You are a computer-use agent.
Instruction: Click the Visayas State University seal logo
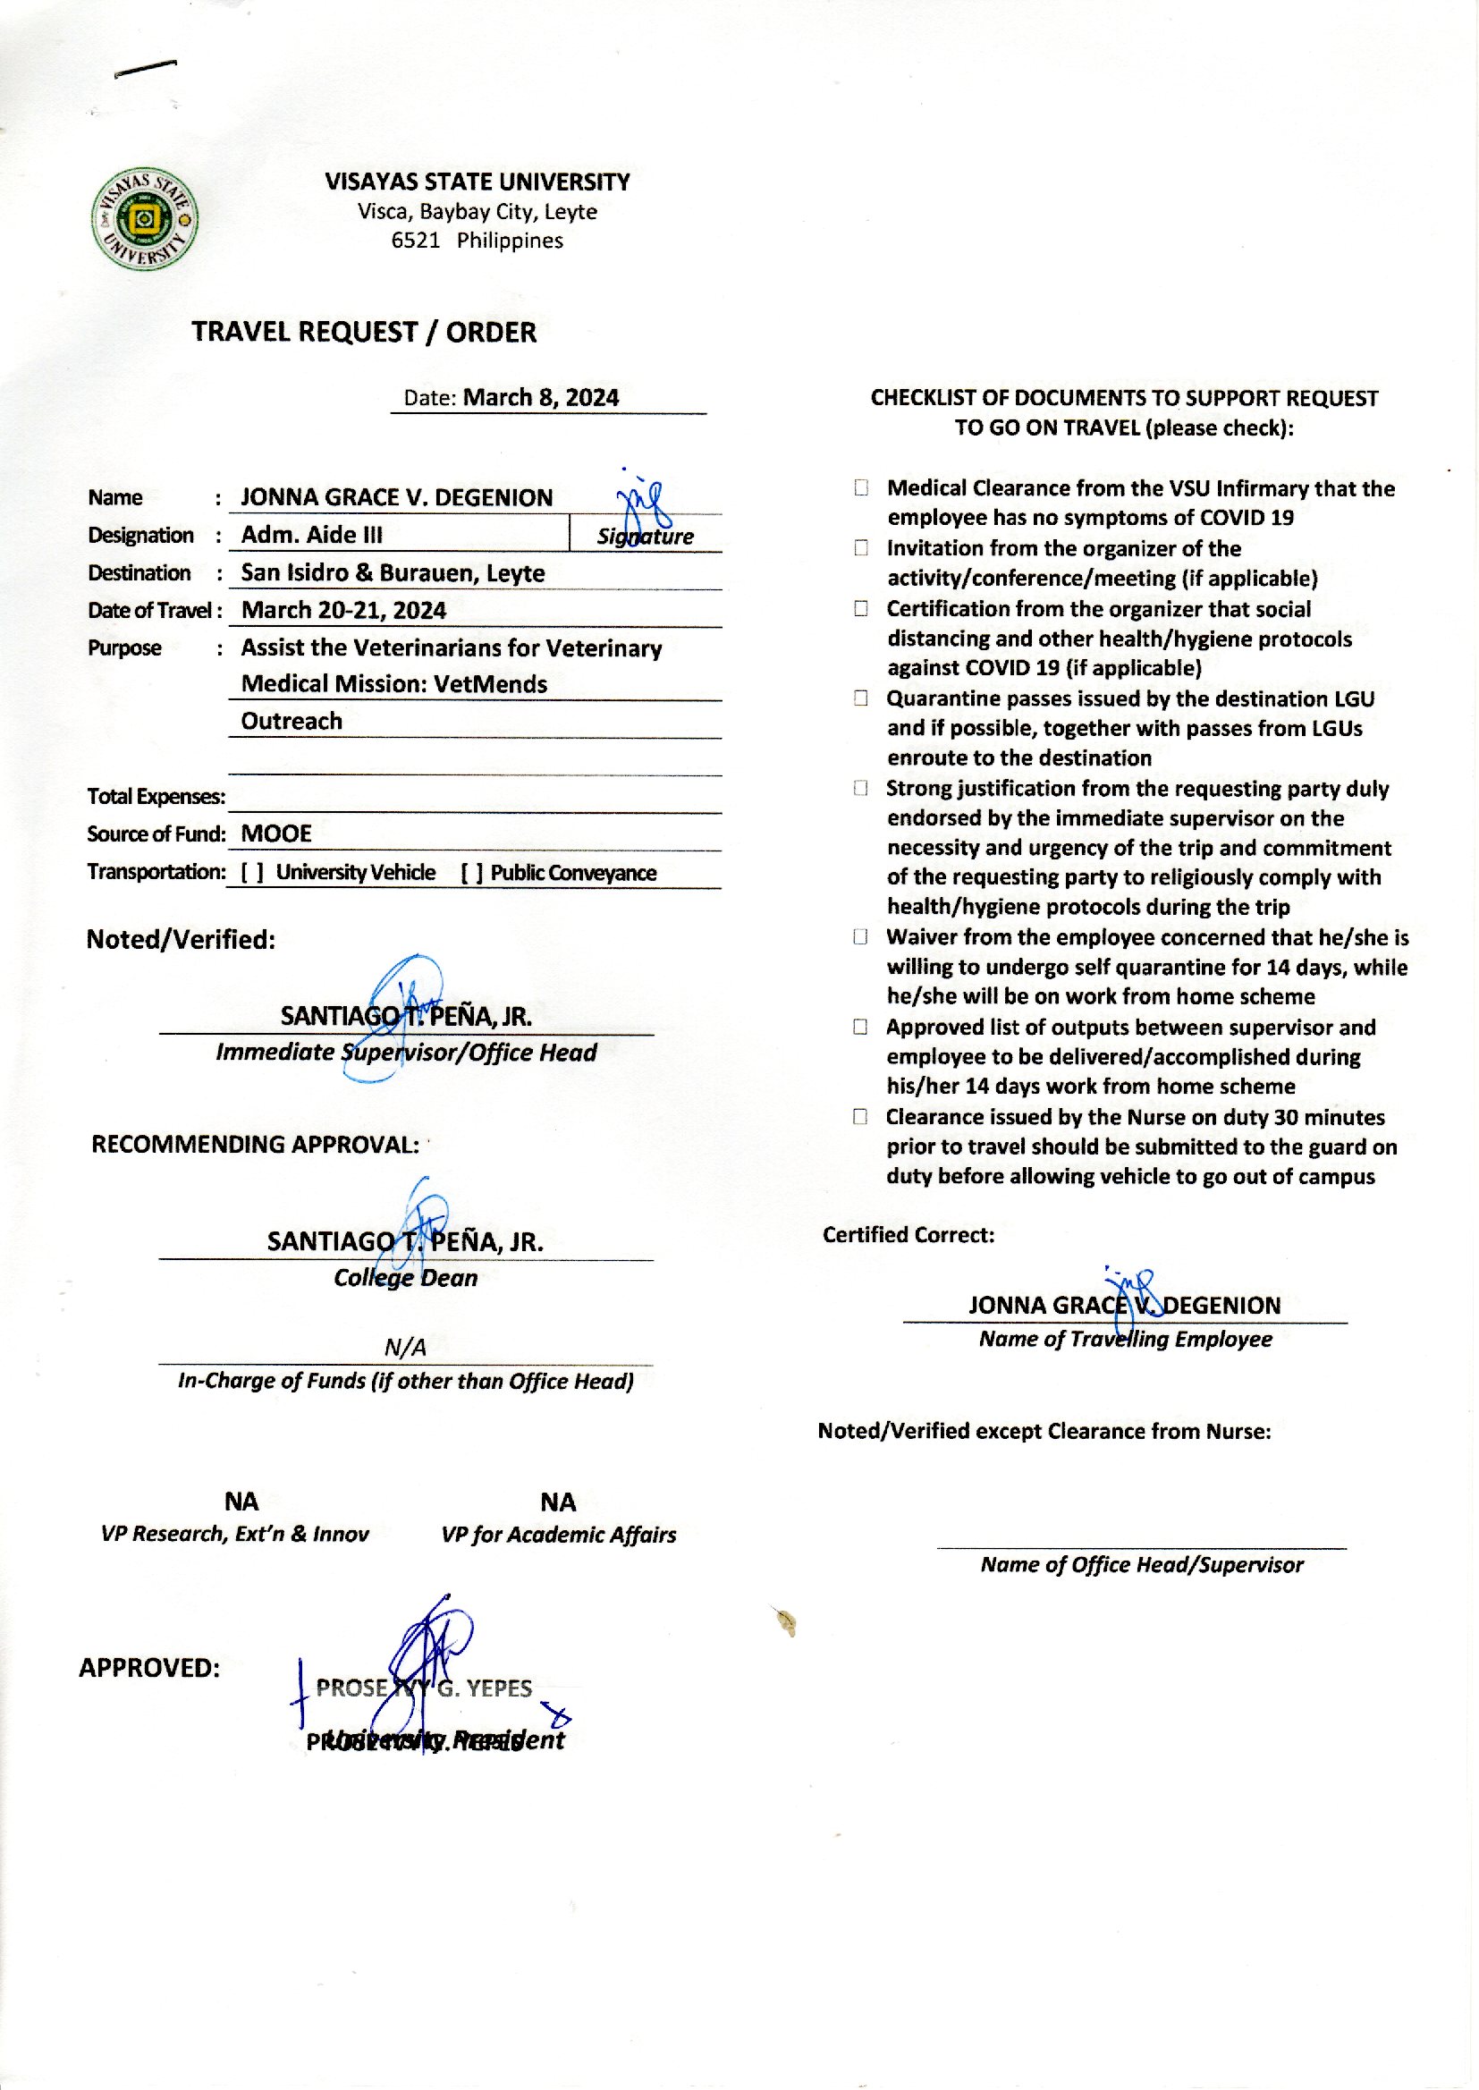click(145, 218)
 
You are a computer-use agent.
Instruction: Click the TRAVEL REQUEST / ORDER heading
click(363, 333)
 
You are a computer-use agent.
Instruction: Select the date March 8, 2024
click(540, 397)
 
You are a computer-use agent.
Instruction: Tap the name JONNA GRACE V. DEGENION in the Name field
click(396, 497)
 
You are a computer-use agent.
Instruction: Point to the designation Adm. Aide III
click(311, 535)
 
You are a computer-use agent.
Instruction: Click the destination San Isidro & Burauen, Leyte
click(393, 573)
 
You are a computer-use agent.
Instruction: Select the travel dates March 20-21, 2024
click(343, 610)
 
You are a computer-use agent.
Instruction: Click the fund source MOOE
click(276, 833)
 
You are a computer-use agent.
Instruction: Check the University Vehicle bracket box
click(252, 873)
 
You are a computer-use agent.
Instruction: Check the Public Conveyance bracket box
click(472, 873)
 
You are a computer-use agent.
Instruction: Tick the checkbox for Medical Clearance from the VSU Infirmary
click(860, 488)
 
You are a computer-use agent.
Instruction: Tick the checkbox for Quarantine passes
click(860, 698)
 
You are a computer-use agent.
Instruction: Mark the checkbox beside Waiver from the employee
click(860, 937)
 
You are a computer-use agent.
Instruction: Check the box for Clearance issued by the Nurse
click(860, 1116)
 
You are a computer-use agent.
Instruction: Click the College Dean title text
click(405, 1278)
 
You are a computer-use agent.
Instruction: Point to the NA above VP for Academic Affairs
click(557, 1502)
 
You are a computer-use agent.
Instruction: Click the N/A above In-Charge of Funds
click(405, 1347)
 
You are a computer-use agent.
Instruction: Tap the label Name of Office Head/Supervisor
click(1141, 1564)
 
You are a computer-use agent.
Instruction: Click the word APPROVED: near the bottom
click(149, 1668)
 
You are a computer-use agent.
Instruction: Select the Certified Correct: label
click(908, 1235)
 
